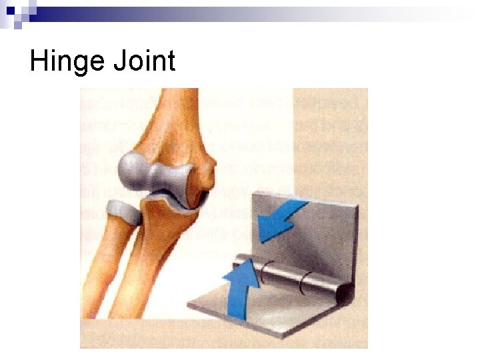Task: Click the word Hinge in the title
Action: [66, 62]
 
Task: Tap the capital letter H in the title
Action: [37, 61]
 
